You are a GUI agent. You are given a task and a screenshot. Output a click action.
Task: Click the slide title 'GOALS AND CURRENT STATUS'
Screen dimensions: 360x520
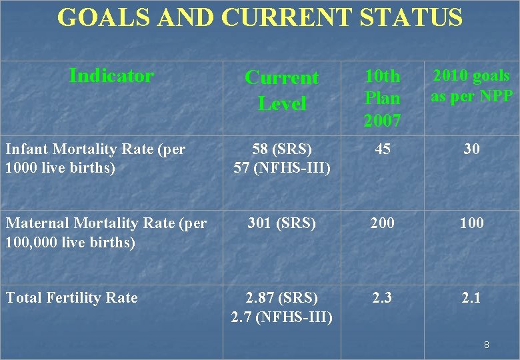260,17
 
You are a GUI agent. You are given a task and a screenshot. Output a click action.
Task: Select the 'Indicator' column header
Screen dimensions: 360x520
111,76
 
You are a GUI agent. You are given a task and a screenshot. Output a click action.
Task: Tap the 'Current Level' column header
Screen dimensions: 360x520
282,90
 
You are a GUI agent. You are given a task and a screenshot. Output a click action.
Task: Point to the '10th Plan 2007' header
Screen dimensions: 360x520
382,98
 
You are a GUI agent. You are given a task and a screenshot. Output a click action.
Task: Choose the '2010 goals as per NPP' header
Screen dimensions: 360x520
471,86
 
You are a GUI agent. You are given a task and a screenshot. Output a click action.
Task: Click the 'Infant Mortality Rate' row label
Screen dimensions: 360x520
95,158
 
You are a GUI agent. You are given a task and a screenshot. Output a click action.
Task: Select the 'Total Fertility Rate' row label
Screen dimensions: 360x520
71,297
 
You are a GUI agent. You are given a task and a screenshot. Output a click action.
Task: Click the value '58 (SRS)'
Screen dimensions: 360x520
281,149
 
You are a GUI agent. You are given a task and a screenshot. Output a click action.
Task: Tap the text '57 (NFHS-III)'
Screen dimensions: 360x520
281,168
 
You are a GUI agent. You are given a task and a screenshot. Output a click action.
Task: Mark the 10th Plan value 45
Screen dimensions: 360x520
382,149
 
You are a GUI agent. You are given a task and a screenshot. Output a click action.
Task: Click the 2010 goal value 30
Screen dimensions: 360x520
471,149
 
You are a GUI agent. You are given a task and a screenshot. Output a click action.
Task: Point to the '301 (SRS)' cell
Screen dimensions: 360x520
281,223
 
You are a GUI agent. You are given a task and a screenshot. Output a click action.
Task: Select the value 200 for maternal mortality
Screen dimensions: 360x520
382,223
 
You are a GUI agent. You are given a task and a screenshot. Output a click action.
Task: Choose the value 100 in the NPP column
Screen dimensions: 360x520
471,223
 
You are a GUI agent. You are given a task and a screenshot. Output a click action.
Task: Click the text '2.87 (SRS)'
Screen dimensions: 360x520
281,297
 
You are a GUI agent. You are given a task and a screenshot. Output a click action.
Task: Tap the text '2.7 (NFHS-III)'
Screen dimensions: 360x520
281,317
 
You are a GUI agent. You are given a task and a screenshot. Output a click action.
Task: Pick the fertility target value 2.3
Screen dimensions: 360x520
382,297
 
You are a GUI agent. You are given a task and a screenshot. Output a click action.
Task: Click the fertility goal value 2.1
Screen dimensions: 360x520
471,297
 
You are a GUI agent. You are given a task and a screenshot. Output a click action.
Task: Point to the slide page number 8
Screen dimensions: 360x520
487,345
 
